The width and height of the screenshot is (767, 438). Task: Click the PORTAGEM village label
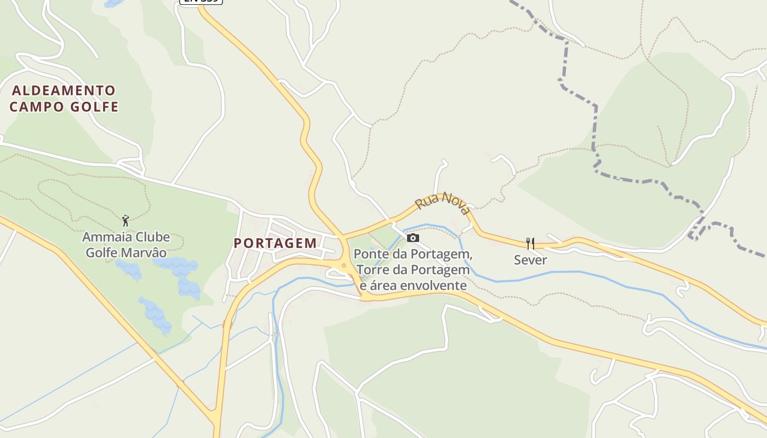click(x=275, y=243)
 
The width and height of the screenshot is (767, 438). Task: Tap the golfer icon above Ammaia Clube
click(x=126, y=221)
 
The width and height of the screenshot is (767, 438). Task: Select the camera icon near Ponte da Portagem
click(x=413, y=238)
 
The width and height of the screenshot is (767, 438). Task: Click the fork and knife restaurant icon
click(x=530, y=243)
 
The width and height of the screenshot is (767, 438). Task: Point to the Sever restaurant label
click(x=530, y=260)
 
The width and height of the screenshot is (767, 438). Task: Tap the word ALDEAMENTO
click(x=64, y=90)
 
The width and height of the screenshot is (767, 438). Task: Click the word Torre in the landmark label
click(x=372, y=270)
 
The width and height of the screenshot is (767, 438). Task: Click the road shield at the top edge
click(x=201, y=1)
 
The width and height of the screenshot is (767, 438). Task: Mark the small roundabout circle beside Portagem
click(x=344, y=266)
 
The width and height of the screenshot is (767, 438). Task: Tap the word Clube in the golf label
click(x=150, y=237)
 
